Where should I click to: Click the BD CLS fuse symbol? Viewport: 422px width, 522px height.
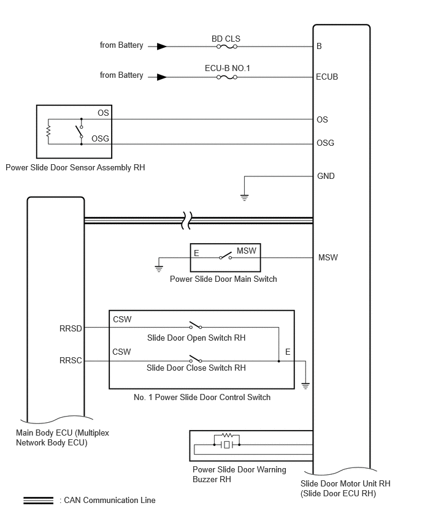[227, 47]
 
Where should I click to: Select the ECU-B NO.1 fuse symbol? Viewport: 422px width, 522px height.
[227, 77]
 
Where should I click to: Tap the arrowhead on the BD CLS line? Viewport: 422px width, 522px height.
[162, 47]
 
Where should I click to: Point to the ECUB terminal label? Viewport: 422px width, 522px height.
[327, 77]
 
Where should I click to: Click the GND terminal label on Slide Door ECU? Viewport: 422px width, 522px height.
[326, 176]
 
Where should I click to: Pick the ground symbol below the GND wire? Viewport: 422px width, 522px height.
[244, 198]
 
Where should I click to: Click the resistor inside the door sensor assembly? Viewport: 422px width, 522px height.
[48, 131]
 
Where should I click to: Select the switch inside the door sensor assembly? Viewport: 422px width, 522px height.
[80, 131]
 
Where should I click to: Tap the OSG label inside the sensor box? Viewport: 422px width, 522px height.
[101, 138]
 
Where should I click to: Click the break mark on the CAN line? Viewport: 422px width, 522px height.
[186, 221]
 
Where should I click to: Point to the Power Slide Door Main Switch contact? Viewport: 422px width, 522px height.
[226, 256]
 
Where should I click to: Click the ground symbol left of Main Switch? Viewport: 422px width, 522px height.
[159, 268]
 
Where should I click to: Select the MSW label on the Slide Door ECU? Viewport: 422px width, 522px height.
[328, 258]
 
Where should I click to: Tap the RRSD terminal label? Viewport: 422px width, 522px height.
[71, 328]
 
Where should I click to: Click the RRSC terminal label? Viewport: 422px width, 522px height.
[71, 360]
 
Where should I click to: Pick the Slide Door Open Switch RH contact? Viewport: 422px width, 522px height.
[196, 325]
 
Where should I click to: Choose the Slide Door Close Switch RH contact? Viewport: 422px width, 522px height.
[196, 358]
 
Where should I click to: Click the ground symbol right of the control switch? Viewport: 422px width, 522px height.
[305, 385]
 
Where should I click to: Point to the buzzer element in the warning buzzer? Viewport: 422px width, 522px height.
[227, 444]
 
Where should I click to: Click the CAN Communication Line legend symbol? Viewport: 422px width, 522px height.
[38, 501]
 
